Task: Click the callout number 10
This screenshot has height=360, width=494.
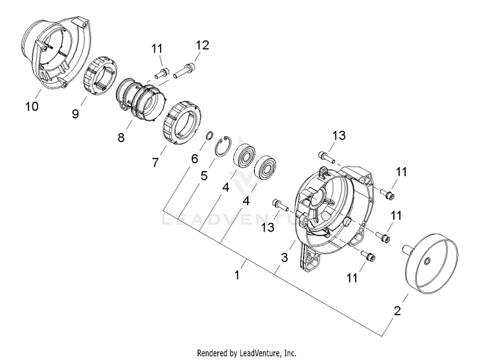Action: click(x=32, y=106)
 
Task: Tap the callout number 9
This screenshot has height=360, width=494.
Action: click(x=75, y=114)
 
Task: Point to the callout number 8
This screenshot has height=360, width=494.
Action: click(x=121, y=137)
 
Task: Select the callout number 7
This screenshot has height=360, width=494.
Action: click(x=155, y=163)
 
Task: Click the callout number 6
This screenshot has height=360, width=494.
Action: click(x=194, y=159)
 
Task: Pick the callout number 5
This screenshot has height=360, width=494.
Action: click(x=204, y=176)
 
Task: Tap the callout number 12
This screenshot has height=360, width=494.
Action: click(x=202, y=45)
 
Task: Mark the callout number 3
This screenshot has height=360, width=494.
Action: click(x=284, y=257)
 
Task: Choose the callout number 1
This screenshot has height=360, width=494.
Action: click(x=237, y=274)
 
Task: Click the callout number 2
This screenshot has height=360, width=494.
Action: click(x=397, y=311)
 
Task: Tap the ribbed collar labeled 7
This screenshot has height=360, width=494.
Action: click(x=182, y=122)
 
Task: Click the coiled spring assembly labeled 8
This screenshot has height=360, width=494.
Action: click(x=140, y=99)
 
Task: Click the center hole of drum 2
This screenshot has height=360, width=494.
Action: click(x=427, y=261)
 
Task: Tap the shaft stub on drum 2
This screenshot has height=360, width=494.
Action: click(x=407, y=249)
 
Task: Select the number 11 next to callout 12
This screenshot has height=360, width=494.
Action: click(x=157, y=49)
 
